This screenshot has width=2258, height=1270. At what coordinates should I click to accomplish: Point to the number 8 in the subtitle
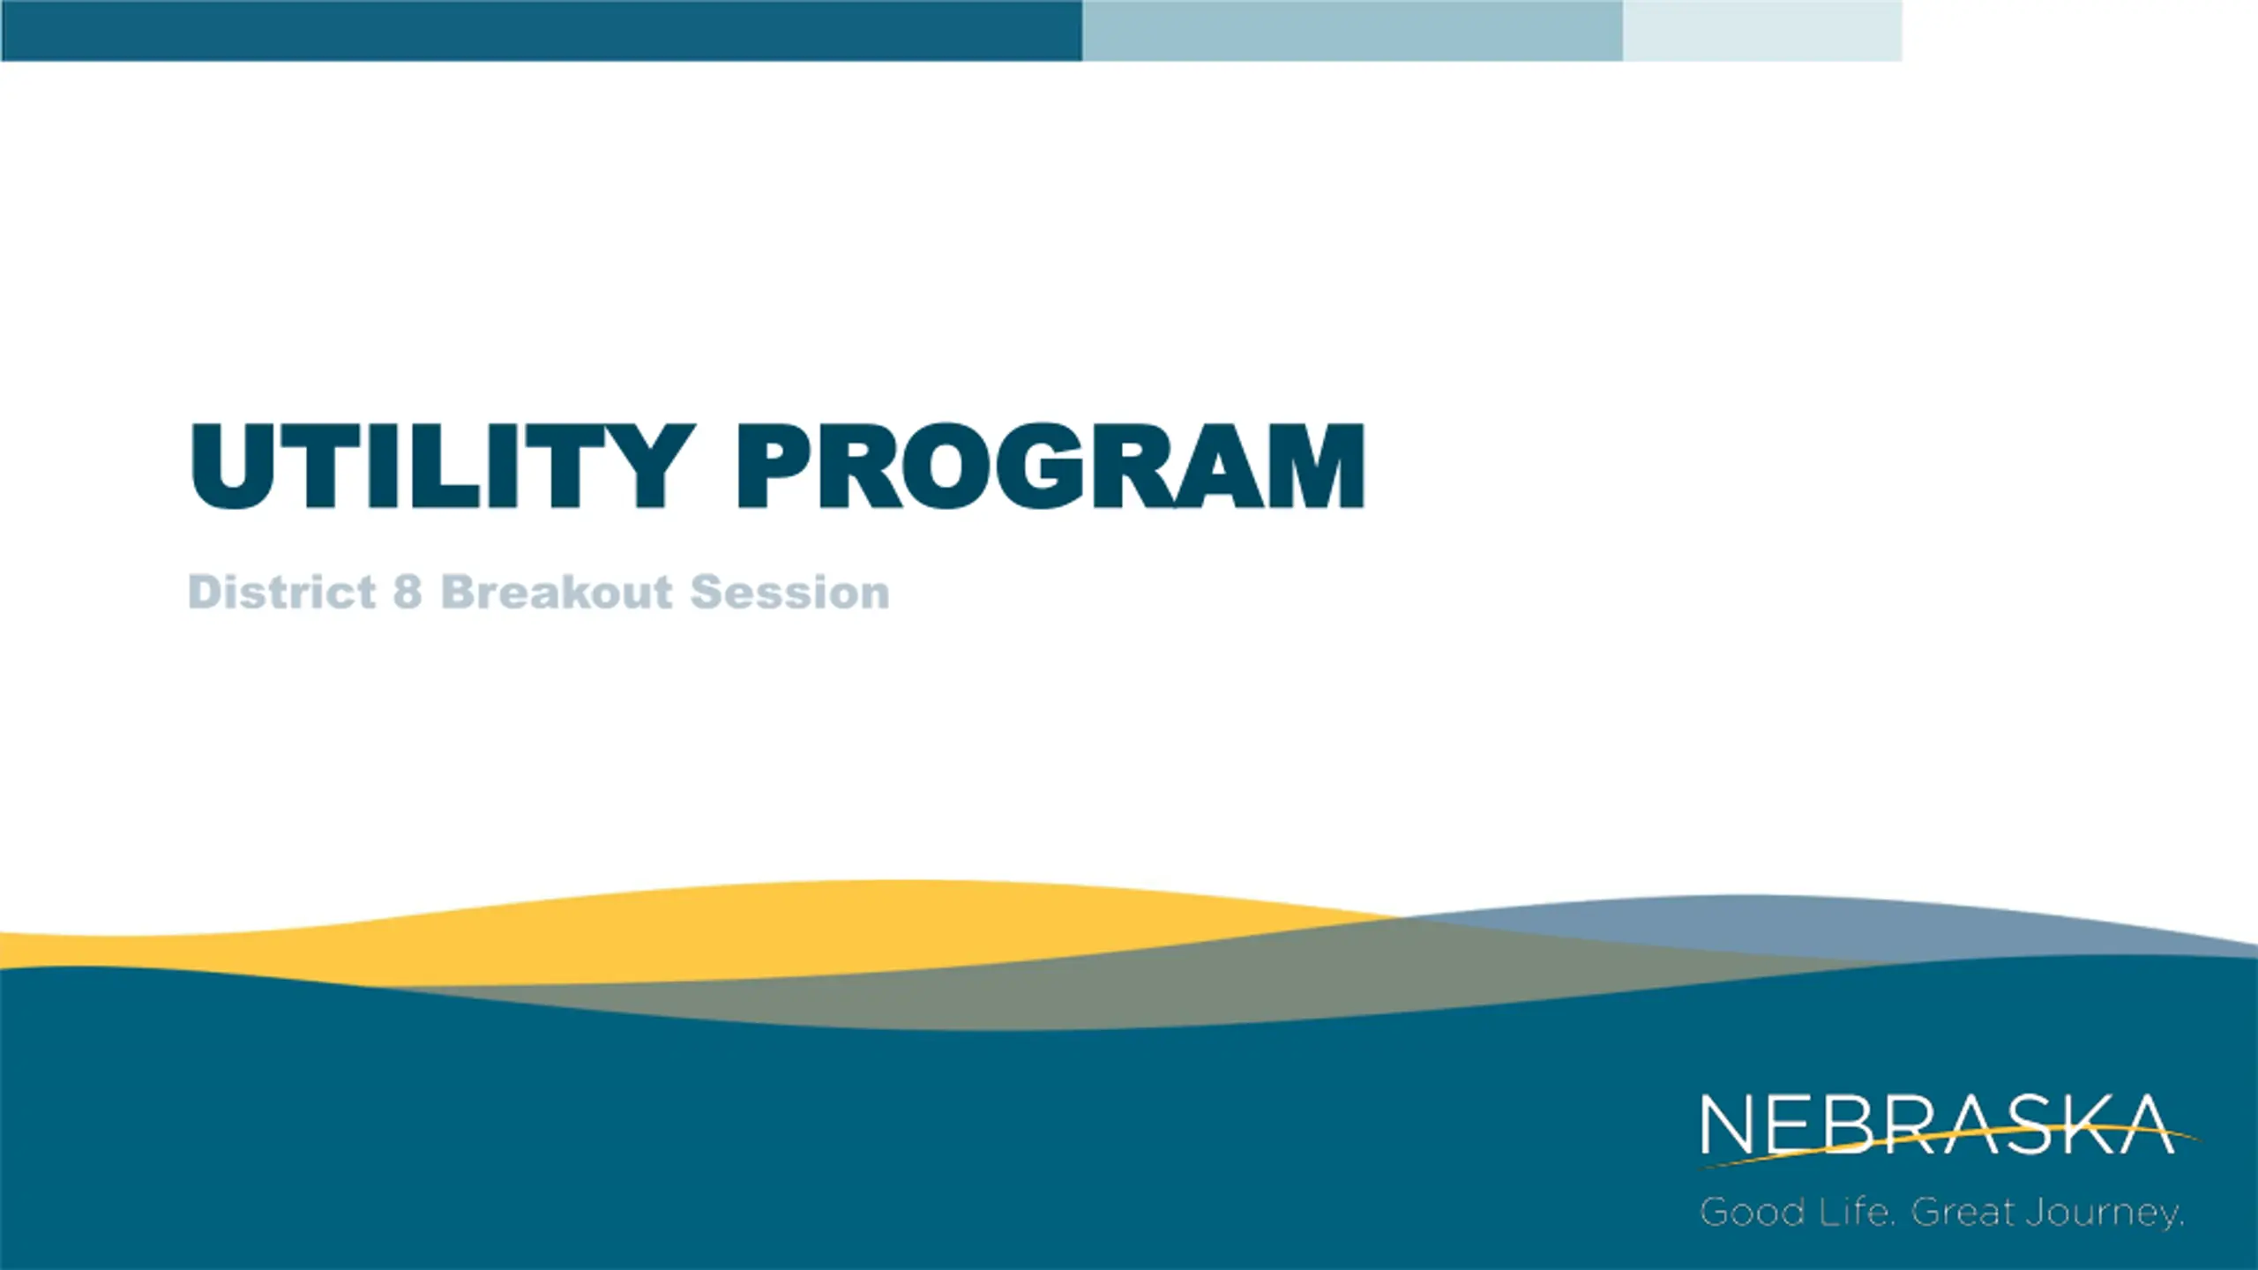407,591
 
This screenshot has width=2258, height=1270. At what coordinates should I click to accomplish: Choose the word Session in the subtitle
790,592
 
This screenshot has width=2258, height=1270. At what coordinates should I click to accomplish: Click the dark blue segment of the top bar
542,31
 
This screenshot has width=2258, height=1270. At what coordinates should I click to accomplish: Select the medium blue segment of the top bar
1352,31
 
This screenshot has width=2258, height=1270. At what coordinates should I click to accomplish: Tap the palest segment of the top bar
1762,31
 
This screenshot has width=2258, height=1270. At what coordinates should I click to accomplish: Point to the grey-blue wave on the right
1764,926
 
